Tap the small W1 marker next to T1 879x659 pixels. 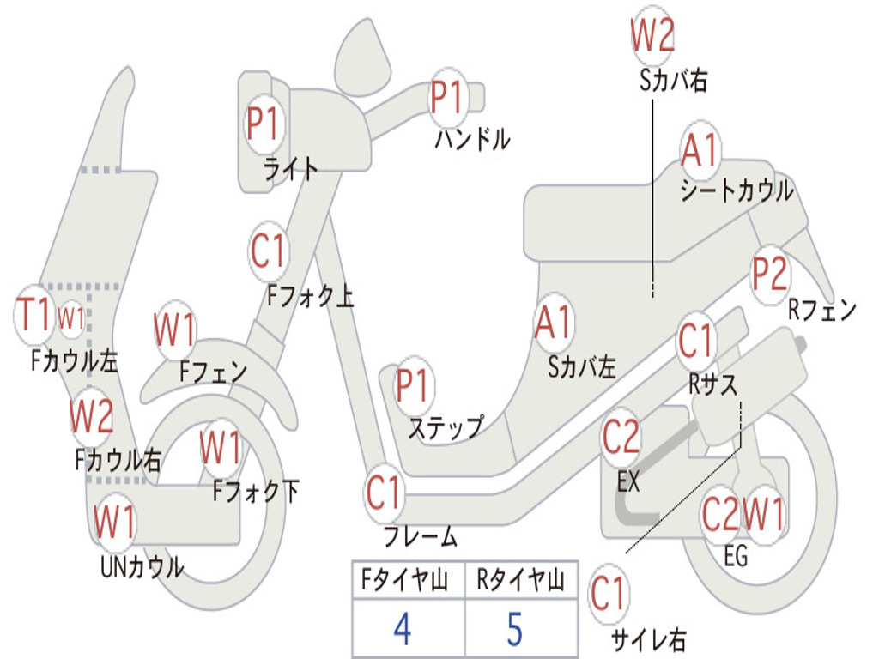71,319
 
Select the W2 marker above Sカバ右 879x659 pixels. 652,34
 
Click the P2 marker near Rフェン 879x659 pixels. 770,275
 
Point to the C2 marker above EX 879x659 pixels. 621,437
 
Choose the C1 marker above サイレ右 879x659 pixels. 609,594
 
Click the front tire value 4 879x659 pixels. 403,628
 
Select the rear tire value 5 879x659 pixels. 515,628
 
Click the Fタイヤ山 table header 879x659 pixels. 404,579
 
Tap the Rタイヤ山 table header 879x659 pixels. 520,579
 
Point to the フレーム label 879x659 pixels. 421,536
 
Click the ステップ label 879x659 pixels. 446,427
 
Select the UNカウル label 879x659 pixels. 142,567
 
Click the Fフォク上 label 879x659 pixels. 310,295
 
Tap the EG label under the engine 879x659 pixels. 736,556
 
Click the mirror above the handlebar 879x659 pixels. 362,59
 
